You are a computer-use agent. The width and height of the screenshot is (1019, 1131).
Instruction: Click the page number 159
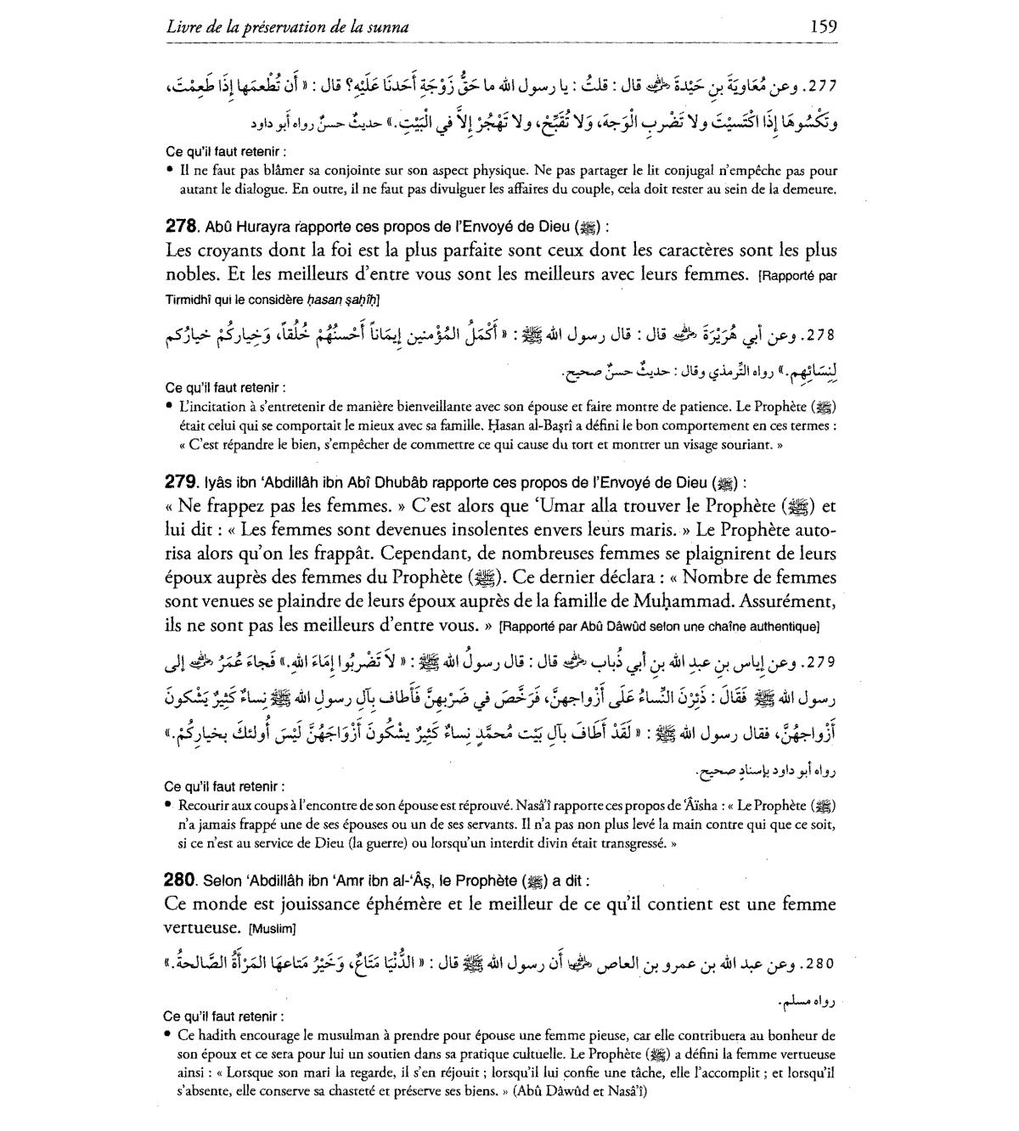(824, 26)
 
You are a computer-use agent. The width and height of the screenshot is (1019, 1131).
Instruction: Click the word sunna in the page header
(388, 27)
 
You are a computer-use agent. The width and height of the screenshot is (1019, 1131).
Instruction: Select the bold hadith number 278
(181, 227)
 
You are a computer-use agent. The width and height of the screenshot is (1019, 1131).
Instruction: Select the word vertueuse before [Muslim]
(197, 927)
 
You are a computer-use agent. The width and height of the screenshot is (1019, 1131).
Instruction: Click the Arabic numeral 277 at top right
(818, 86)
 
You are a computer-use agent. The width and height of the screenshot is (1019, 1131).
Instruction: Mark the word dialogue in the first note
(252, 190)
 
